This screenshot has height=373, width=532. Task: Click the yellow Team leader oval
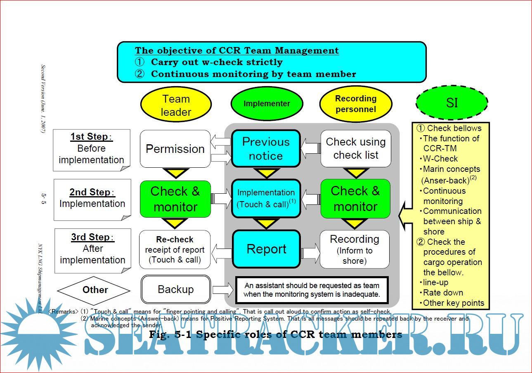pos(176,106)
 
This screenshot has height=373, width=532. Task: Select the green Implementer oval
pos(267,104)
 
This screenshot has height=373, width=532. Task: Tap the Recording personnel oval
pos(356,104)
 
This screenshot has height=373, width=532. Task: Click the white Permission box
pos(175,149)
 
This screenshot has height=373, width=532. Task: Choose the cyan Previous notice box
pos(266,149)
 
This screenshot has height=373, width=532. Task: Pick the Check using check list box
pos(356,149)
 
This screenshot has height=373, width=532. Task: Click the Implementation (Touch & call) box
pos(266,198)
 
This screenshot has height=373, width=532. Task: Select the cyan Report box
pos(266,249)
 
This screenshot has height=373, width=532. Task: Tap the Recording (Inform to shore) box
pos(355,249)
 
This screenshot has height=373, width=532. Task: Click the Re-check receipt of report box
pos(175,249)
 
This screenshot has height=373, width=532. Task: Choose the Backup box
pos(176,289)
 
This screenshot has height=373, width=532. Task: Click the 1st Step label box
pos(92,149)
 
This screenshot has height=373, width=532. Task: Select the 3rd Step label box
pos(92,249)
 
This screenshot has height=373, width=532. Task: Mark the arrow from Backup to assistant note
pos(223,289)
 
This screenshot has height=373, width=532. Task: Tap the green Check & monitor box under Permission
pos(175,199)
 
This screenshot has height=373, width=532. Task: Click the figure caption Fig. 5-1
pos(276,334)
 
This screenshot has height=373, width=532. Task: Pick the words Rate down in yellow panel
pos(443,293)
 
